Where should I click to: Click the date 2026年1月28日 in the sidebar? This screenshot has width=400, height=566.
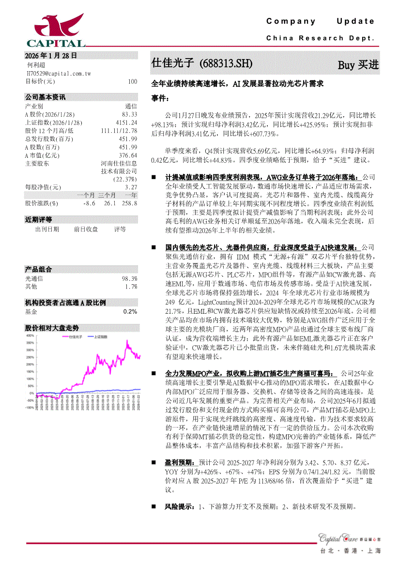tap(51, 56)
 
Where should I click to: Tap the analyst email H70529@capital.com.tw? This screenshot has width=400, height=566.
tap(58, 74)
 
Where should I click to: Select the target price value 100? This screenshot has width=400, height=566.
tap(132, 81)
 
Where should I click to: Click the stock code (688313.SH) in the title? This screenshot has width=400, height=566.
tap(226, 63)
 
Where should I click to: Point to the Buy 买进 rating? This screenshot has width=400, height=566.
tap(358, 64)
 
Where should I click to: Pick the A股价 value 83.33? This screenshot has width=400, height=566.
tap(129, 114)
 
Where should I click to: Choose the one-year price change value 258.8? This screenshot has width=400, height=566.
tap(129, 203)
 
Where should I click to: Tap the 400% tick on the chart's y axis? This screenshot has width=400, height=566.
tap(30, 335)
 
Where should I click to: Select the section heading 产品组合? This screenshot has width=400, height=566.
tap(38, 269)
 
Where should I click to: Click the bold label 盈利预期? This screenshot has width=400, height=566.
tap(179, 463)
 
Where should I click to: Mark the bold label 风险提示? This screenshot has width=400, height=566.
tap(179, 507)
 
